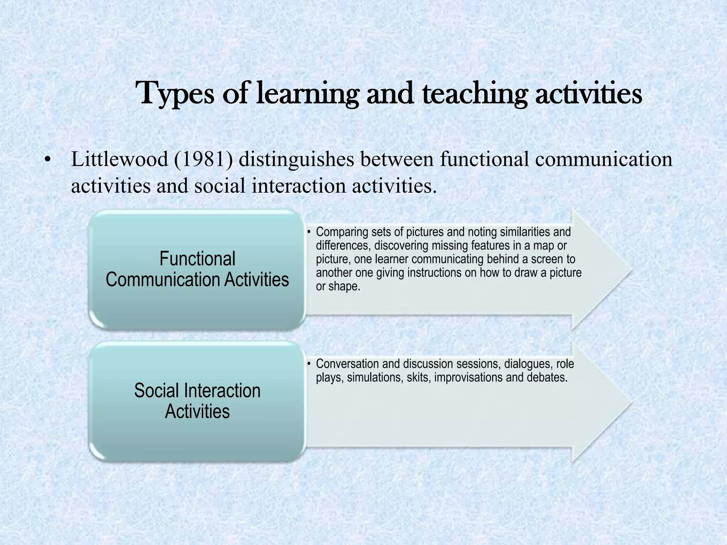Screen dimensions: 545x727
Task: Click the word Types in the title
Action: [x=174, y=94]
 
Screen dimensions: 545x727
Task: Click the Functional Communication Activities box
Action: [x=197, y=269]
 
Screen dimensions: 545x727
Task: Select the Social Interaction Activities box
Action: [x=197, y=401]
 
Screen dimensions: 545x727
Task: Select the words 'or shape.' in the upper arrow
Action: [x=338, y=286]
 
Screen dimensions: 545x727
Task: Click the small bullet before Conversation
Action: [x=309, y=364]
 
